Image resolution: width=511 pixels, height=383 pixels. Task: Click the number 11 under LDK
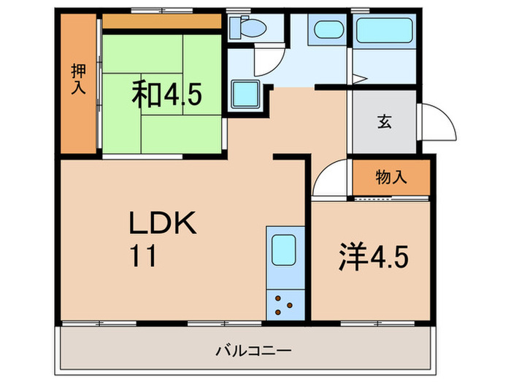143,256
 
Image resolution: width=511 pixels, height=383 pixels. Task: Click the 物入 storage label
391,177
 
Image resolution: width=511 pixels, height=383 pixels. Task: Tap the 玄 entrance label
384,122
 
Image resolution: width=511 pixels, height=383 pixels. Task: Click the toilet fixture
245,28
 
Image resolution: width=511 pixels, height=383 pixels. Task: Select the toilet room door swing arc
264,61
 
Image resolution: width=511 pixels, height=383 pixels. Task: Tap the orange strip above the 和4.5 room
162,21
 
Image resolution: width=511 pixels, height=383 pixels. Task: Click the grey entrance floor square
384,122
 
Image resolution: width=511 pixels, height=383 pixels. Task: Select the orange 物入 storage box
391,177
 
